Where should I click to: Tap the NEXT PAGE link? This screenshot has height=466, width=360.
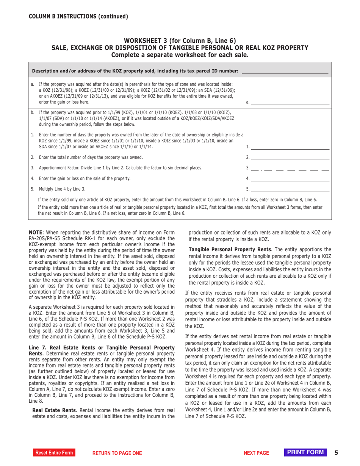click(256, 453)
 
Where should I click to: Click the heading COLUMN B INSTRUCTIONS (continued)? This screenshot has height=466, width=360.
click(78, 16)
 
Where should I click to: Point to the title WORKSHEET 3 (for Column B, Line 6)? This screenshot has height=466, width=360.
click(180, 41)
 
